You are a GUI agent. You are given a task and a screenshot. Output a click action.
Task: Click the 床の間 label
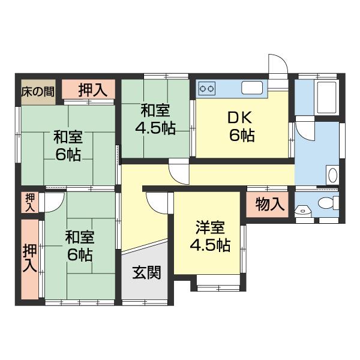[x=38, y=92]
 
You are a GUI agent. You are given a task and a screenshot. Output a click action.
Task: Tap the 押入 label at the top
[x=92, y=90]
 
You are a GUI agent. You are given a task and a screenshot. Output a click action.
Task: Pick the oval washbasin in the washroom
[x=333, y=176]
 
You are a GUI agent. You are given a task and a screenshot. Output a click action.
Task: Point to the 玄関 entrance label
[x=146, y=274]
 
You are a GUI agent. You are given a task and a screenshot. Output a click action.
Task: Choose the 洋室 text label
[x=209, y=228]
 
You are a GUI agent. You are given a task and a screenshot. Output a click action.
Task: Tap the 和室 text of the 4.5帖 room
[x=155, y=111]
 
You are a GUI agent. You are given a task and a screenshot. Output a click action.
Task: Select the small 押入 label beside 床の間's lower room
[x=29, y=202]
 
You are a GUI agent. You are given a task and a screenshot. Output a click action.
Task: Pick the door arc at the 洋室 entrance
[x=156, y=203]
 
